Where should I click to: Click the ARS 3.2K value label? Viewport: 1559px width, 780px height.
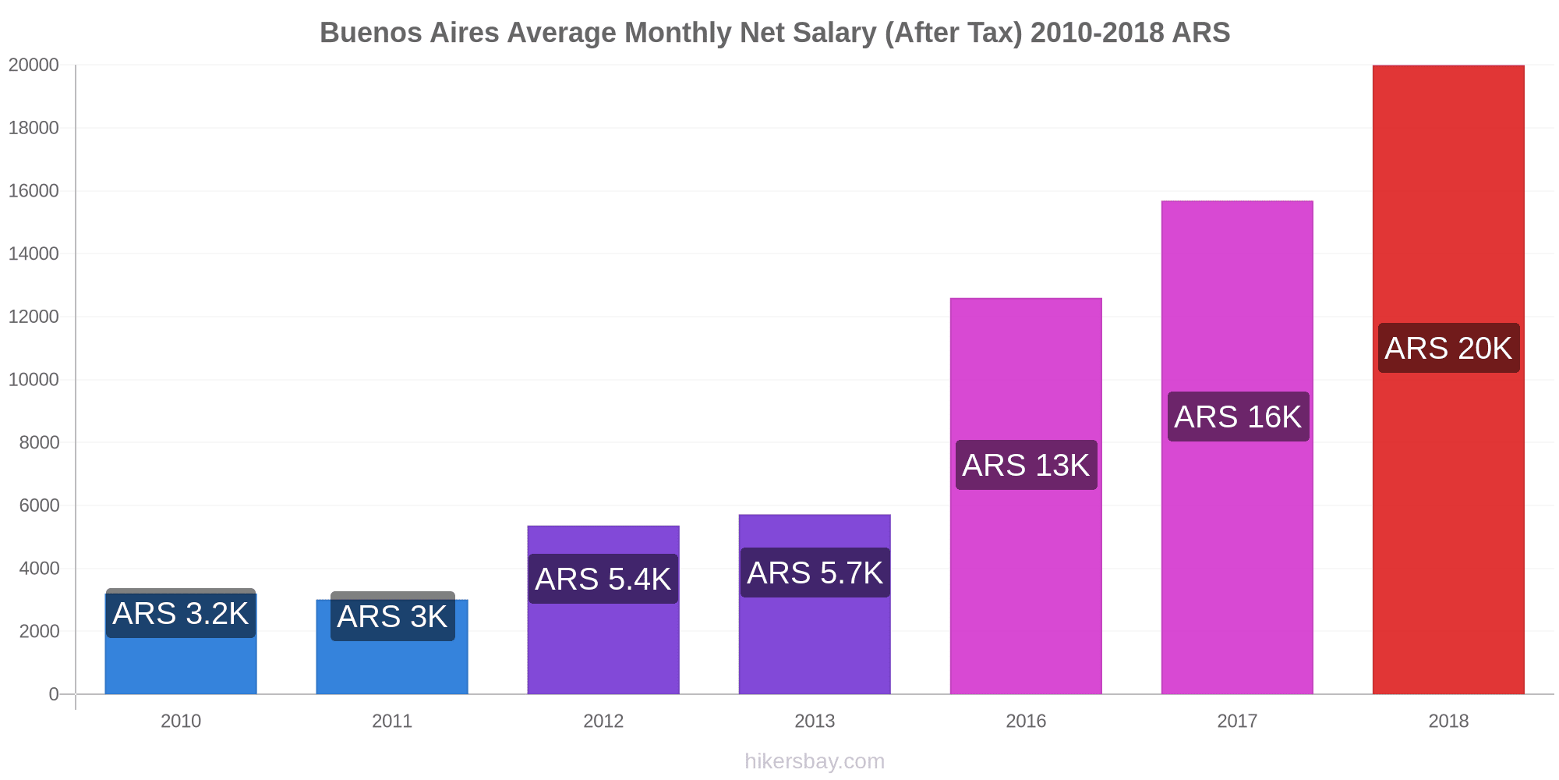coord(181,614)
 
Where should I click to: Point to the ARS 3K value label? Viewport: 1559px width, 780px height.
coord(392,617)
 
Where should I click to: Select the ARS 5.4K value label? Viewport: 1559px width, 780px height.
coord(603,579)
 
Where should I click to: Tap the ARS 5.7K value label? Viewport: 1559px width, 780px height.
coord(815,573)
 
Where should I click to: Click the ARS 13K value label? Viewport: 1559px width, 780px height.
coord(1026,465)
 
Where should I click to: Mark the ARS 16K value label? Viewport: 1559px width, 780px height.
coord(1238,417)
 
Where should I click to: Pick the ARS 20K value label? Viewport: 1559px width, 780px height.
coord(1448,348)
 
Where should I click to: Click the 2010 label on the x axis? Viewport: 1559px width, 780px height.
coord(181,721)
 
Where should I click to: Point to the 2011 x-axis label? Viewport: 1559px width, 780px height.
coord(392,721)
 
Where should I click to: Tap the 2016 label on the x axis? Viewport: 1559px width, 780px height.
coord(1026,721)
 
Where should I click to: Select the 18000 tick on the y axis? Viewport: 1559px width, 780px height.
coord(34,128)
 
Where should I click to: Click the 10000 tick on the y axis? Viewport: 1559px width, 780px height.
coord(34,380)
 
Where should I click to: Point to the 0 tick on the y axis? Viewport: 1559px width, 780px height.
coord(54,694)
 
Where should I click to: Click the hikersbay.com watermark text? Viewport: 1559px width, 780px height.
coord(815,761)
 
